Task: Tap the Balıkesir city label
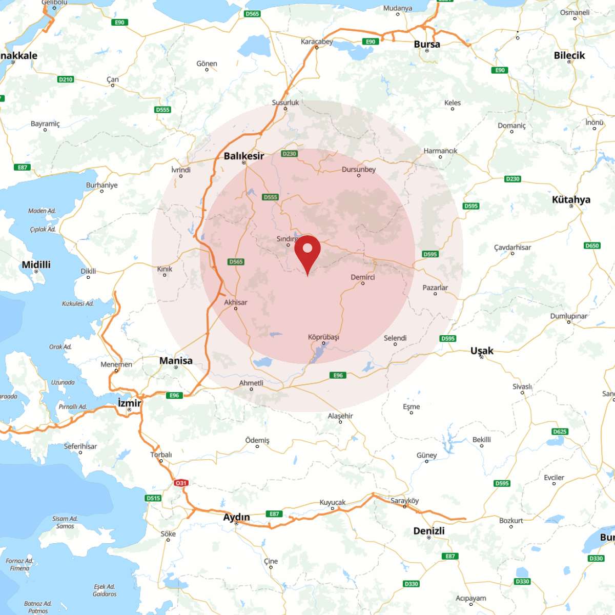coord(244,156)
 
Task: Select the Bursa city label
coord(427,44)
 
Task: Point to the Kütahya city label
coord(571,199)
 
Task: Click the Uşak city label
coord(482,351)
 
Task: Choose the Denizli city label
coord(429,530)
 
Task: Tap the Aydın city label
coord(236,517)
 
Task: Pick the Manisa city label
coord(176,360)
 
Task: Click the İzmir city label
coord(130,403)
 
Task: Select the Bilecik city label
coord(569,55)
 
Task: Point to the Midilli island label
coord(36,264)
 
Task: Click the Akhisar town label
coord(236,302)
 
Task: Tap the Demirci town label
coord(363,277)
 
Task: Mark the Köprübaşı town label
coord(323,337)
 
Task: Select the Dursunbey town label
coord(359,170)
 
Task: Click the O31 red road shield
coord(181,483)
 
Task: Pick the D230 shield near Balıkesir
coord(289,154)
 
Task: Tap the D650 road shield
coord(592,245)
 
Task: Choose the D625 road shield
coord(560,432)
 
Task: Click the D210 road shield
coord(66,79)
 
